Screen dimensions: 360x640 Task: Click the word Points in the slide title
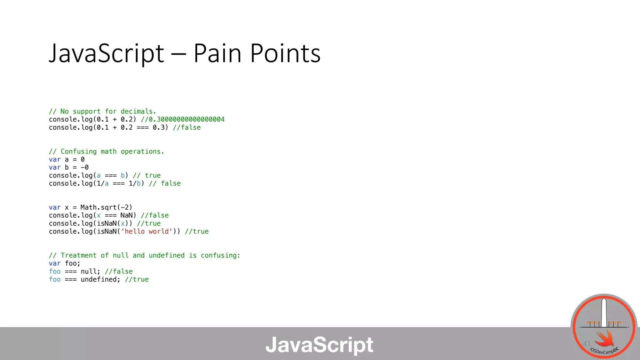[285, 54]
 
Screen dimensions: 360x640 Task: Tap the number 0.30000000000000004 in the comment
[187, 119]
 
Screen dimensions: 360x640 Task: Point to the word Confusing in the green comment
[78, 152]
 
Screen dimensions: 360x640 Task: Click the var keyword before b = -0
[55, 167]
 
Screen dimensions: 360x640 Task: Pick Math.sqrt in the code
[98, 207]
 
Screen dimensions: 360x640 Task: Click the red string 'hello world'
[147, 232]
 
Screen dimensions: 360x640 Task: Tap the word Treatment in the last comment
[78, 256]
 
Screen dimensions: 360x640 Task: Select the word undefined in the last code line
[99, 280]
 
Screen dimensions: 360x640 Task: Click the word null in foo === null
[89, 272]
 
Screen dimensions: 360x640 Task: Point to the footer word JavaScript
[319, 345]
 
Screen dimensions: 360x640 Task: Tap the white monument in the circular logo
[604, 312]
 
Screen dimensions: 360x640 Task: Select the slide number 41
[587, 343]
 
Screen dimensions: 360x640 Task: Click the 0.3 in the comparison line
[158, 127]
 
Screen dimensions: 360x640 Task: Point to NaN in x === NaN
[127, 216]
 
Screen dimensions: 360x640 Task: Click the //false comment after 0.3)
[187, 127]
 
